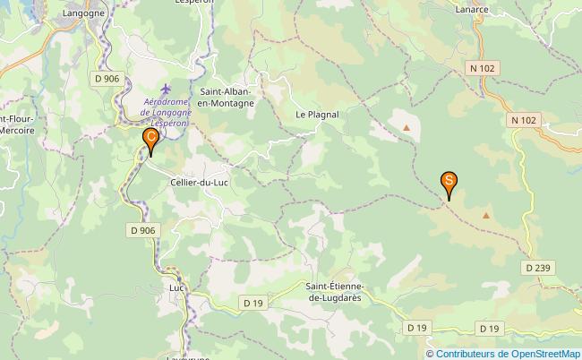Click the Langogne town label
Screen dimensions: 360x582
[x=84, y=13]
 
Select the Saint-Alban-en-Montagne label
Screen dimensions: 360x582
[x=227, y=97]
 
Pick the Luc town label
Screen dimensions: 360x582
[x=175, y=288]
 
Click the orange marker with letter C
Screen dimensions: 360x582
[x=151, y=139]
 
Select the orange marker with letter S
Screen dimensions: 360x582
[x=449, y=182]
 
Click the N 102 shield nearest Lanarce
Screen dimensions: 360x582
[x=484, y=68]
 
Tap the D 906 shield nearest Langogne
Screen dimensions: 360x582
[x=107, y=79]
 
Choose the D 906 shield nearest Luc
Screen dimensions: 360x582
[x=141, y=230]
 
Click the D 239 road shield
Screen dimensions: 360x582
[x=537, y=267]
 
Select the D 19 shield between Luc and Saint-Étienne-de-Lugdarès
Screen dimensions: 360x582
[x=252, y=304]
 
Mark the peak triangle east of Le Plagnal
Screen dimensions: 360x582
[x=407, y=127]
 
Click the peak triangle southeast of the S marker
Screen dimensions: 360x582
[x=486, y=215]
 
